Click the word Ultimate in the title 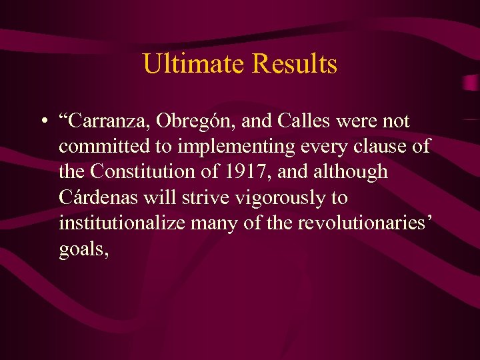point(194,65)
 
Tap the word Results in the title point(294,65)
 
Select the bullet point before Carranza point(42,122)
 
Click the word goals point(81,249)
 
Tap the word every point(323,147)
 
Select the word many point(215,223)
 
